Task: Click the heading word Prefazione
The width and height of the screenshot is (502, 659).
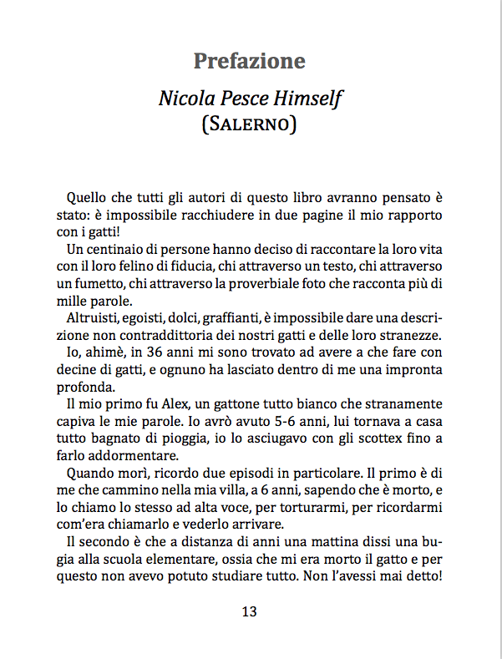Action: click(x=249, y=61)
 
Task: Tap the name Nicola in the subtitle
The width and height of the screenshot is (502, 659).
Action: click(x=186, y=99)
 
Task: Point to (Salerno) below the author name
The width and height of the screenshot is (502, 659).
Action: click(x=250, y=124)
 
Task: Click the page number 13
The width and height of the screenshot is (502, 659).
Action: click(x=249, y=611)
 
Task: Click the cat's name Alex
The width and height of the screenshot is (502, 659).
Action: click(x=155, y=404)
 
